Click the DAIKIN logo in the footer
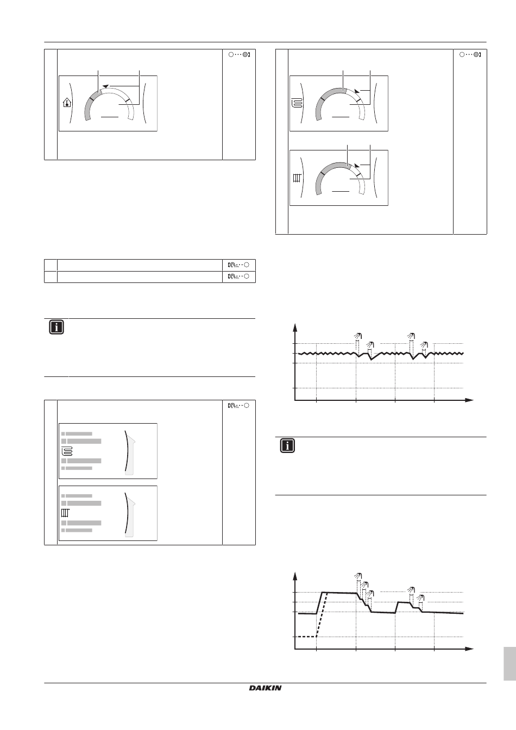point(265,688)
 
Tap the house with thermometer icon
point(67,103)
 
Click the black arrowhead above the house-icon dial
point(105,86)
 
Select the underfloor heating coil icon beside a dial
point(297,103)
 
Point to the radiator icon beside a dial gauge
point(297,178)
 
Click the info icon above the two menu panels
point(56,327)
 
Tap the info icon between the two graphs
point(287,446)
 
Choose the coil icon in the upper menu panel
point(67,452)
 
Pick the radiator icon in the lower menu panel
point(66,513)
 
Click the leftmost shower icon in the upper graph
point(358,336)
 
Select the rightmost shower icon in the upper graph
point(424,344)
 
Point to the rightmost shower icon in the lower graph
point(421,597)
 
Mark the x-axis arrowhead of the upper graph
point(469,400)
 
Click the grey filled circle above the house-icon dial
point(245,54)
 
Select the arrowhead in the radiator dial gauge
point(357,166)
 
